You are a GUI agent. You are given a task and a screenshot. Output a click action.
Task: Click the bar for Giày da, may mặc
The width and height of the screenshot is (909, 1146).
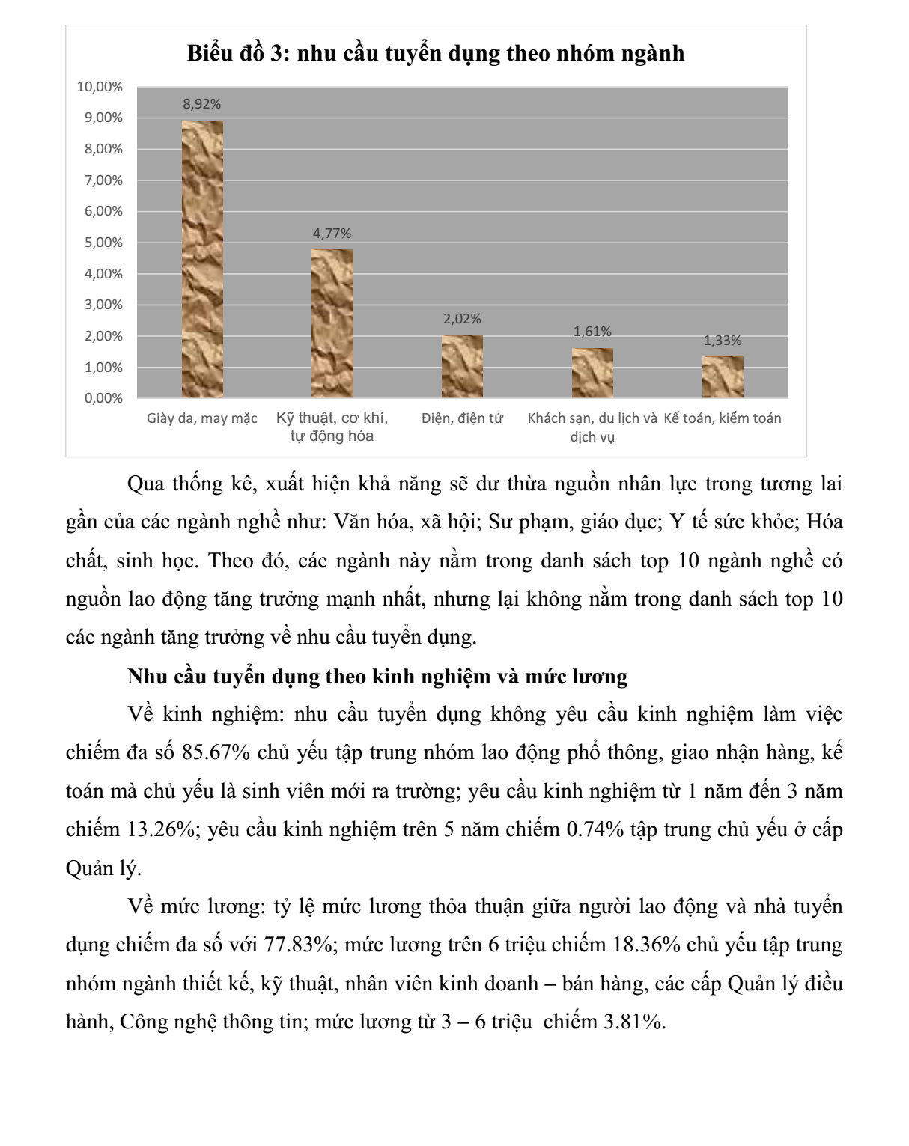(202, 259)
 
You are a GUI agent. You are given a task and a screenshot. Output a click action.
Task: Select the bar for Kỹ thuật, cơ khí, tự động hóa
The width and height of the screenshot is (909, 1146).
(332, 323)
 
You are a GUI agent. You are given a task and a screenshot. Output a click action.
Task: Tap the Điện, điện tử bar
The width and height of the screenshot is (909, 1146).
(462, 366)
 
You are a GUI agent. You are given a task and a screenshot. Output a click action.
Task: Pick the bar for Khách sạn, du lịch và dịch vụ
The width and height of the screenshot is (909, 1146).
(592, 373)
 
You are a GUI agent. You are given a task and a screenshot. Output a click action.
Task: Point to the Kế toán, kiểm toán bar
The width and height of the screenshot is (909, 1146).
(723, 377)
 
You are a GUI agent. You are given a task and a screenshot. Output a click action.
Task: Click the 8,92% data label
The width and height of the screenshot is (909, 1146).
(202, 104)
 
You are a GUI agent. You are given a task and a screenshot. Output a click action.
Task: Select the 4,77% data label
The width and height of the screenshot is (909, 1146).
(332, 234)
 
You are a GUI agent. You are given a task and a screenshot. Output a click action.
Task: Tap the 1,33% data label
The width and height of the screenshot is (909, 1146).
(723, 341)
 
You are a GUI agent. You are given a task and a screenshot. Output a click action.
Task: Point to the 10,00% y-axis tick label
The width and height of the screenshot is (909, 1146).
(100, 87)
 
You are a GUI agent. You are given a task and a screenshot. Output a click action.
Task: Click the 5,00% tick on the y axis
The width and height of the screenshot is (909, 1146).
(103, 243)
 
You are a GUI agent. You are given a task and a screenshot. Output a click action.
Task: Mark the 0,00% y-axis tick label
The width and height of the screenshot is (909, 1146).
(103, 398)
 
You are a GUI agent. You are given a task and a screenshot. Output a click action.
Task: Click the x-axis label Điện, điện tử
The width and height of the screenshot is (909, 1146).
(462, 418)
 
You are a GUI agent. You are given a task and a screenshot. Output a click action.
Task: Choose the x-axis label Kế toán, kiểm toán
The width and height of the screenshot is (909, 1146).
(723, 418)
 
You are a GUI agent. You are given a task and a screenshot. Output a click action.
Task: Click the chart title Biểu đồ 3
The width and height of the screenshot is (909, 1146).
(436, 53)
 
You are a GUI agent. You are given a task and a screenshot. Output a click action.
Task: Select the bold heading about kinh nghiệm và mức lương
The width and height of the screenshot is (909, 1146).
(377, 677)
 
